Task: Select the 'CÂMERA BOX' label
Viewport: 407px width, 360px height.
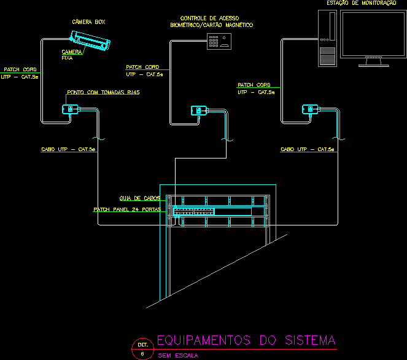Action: (88, 22)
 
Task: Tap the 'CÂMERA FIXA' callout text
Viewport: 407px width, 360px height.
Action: (72, 55)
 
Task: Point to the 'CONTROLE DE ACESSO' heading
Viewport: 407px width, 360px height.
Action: (211, 18)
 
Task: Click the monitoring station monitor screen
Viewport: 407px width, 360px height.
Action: (369, 34)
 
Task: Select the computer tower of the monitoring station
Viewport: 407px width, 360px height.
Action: (327, 38)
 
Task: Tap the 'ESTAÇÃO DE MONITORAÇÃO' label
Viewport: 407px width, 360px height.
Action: (361, 4)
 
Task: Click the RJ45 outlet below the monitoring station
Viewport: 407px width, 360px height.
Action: (308, 110)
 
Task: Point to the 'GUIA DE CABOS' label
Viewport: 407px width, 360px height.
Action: (140, 198)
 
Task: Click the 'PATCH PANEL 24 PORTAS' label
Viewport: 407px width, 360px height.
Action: (127, 209)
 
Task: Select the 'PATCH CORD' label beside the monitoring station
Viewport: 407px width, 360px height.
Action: (254, 85)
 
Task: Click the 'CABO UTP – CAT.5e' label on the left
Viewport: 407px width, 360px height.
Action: (68, 149)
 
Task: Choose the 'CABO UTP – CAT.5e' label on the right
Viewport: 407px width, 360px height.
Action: (308, 149)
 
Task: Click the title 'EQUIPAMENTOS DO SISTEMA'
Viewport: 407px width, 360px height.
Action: (246, 340)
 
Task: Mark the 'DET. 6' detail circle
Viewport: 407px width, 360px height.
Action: (142, 348)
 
